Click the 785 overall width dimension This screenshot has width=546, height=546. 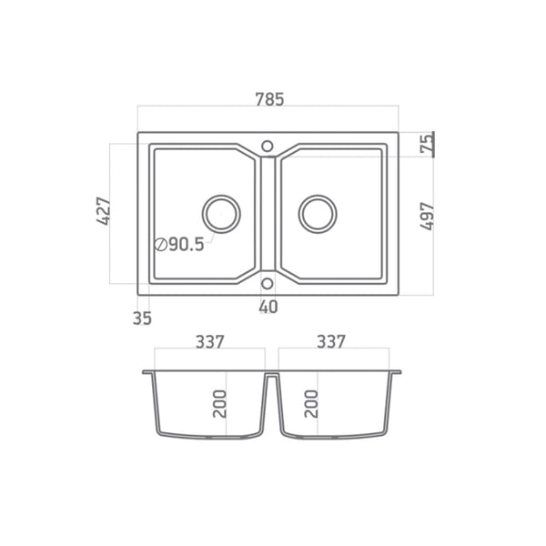tap(270, 99)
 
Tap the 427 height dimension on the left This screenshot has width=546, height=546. tap(104, 211)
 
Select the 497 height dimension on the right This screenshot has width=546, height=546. tap(427, 216)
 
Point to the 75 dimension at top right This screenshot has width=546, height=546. tap(427, 144)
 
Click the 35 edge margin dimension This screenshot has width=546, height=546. tap(142, 318)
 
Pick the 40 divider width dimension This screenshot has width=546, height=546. tap(268, 307)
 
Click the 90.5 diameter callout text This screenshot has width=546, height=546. tap(187, 245)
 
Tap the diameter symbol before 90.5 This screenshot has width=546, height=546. tap(161, 245)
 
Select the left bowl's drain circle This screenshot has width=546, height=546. tap(221, 195)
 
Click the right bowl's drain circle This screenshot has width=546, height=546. tap(318, 195)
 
